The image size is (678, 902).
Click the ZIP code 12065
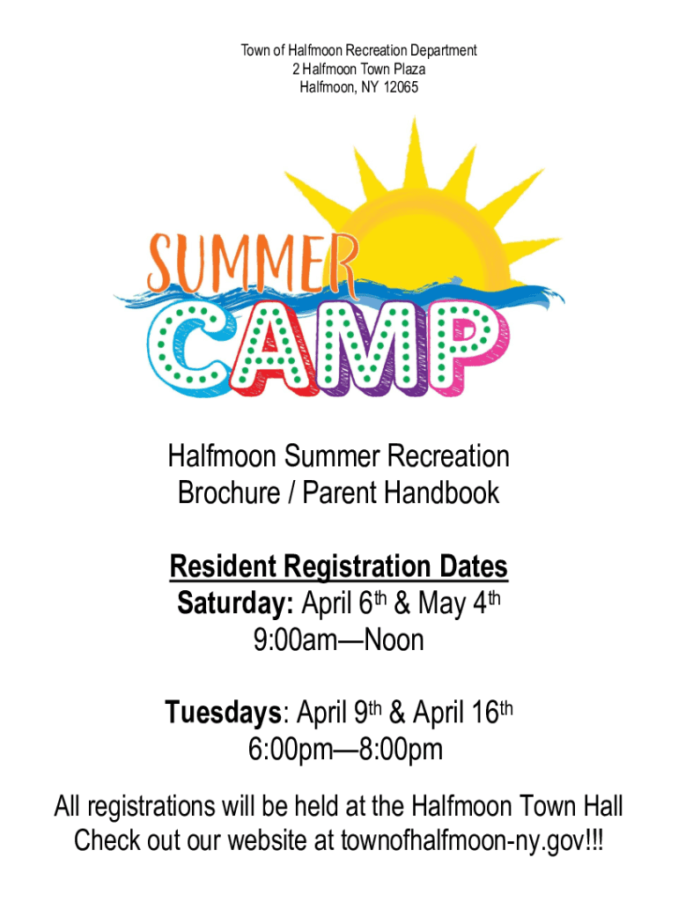click(401, 87)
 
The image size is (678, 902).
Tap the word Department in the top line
click(444, 51)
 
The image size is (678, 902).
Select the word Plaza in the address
click(409, 69)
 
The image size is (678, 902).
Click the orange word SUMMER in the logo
click(253, 264)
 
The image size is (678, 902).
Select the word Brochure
click(229, 493)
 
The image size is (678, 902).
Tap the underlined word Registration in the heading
click(357, 567)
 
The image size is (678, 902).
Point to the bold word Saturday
click(235, 603)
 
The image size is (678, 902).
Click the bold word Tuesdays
click(224, 712)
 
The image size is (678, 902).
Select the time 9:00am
click(295, 640)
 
